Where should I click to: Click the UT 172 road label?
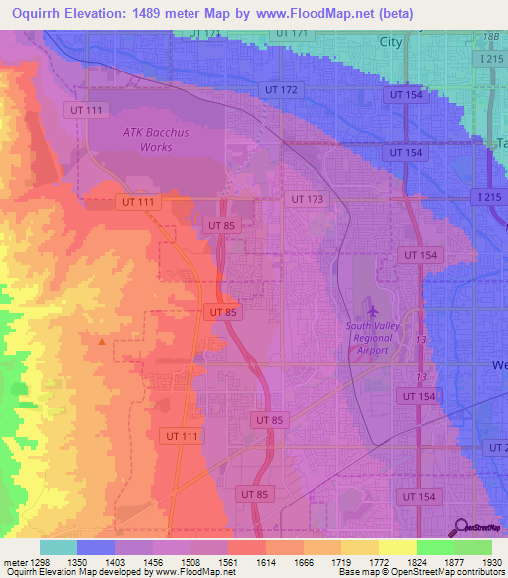(x=282, y=90)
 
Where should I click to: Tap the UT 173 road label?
(x=307, y=200)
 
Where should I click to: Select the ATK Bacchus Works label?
(x=147, y=139)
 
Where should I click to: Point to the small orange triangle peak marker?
(x=102, y=342)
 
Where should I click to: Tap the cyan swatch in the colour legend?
(x=58, y=547)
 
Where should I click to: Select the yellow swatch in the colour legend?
(x=397, y=547)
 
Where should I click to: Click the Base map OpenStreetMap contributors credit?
(x=420, y=572)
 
